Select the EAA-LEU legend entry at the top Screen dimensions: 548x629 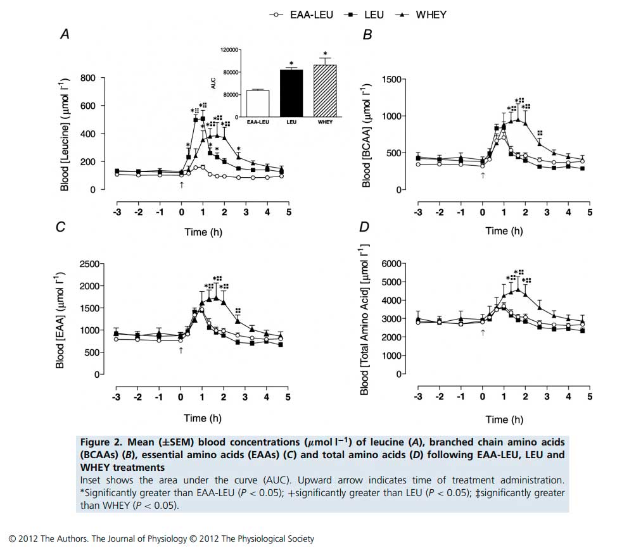(x=298, y=14)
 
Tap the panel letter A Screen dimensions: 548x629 (x=65, y=36)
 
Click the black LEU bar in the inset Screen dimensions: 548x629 (x=291, y=93)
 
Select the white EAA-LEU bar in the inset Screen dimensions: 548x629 (x=257, y=103)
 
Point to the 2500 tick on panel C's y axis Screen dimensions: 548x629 (x=87, y=264)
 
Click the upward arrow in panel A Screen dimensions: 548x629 (x=182, y=185)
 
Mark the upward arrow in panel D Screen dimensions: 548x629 (x=483, y=332)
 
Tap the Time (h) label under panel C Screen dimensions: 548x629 (x=203, y=418)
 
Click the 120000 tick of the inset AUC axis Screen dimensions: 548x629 (x=228, y=49)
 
